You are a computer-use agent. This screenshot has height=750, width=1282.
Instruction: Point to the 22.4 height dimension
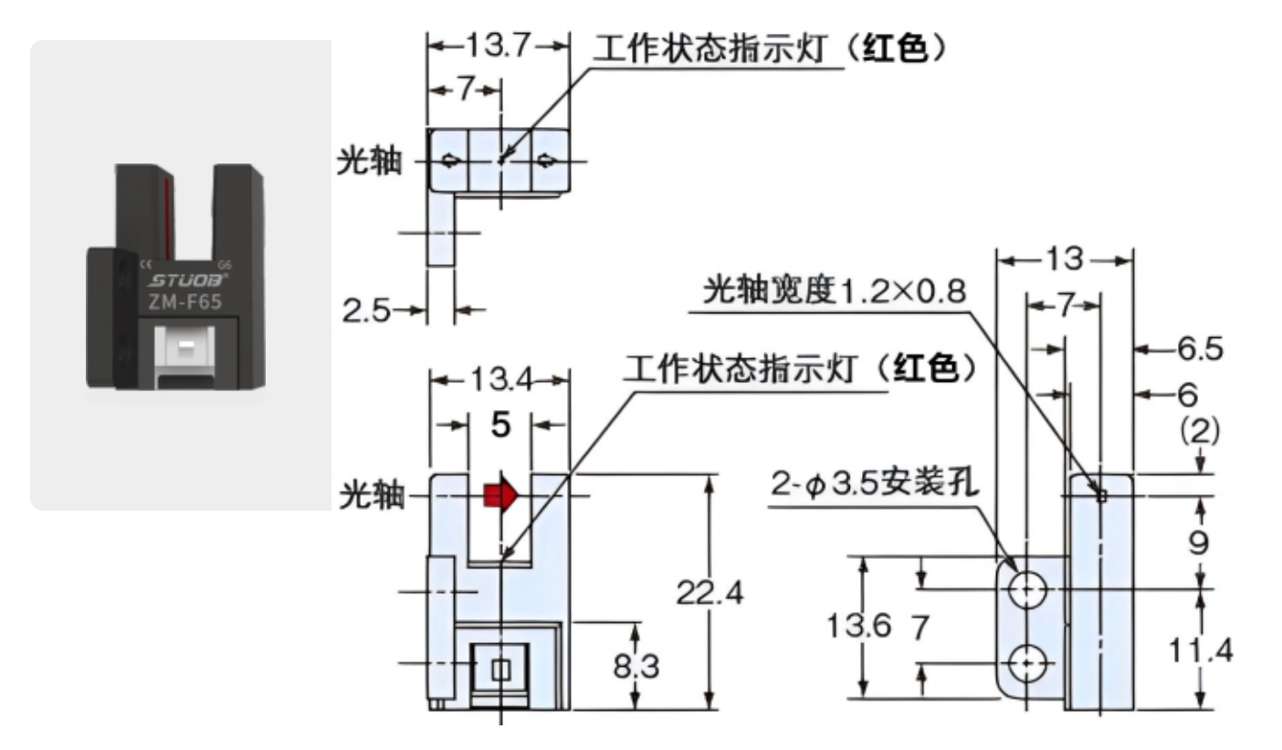click(709, 594)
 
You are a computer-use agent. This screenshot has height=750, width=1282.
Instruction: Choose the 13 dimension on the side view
click(1064, 260)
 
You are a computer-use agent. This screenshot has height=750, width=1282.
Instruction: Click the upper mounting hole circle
click(1027, 589)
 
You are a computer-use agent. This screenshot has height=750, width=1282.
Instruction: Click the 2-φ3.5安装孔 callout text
click(876, 484)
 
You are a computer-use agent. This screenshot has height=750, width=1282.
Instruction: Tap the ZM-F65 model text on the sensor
click(184, 302)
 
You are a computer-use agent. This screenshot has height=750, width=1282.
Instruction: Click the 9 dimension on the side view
click(1199, 543)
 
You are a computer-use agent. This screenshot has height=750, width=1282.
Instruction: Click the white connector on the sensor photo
click(185, 347)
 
